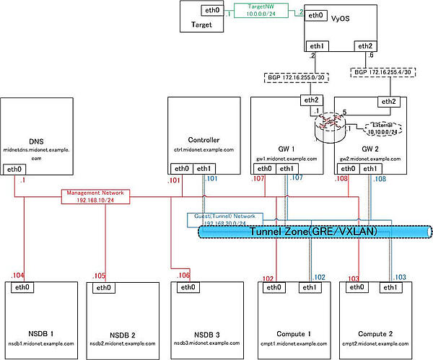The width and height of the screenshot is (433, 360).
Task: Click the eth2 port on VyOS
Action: tap(363, 46)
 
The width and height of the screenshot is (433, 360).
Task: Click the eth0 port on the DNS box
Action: tap(14, 169)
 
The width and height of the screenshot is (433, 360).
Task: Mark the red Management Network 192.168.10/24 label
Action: tap(95, 196)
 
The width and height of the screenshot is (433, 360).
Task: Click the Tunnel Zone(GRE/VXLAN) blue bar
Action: tap(314, 231)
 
